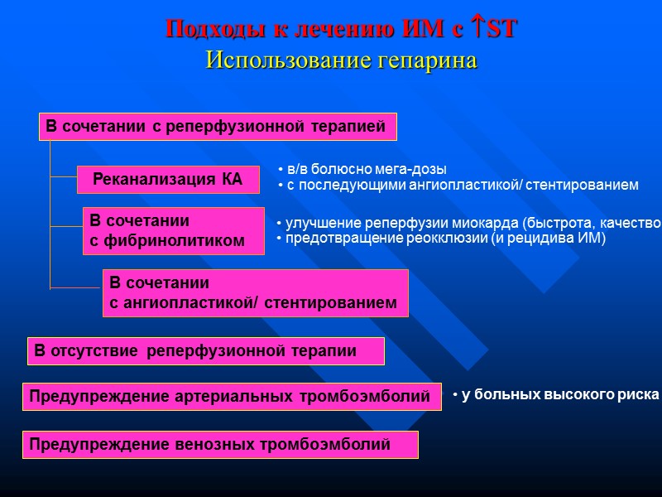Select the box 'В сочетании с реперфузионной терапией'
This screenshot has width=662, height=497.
point(217,127)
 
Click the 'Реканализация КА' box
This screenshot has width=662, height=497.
point(168,179)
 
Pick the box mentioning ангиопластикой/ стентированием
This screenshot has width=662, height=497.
point(255,293)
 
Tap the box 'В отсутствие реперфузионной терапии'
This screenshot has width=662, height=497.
point(206,350)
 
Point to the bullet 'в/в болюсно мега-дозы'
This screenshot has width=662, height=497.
point(362,169)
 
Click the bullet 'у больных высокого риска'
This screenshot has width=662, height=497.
point(555,395)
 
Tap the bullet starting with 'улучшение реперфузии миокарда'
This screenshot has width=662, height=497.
point(468,223)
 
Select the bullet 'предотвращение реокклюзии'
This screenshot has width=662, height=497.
point(441,239)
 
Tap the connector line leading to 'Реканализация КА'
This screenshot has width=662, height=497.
point(63,177)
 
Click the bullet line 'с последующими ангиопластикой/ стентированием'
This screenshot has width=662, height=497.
point(458,185)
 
